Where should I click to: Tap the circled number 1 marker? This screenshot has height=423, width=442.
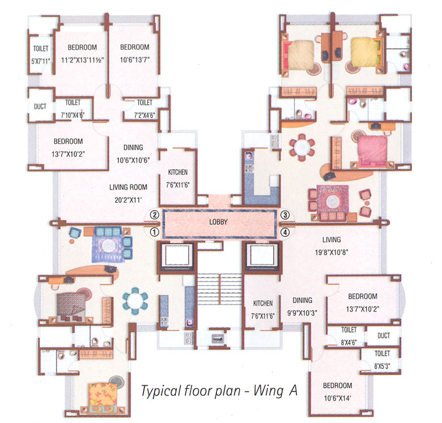153,232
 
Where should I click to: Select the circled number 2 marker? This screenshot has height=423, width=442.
153,215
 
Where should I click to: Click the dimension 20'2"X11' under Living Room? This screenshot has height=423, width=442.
128,199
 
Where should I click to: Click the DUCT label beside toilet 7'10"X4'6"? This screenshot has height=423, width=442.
40,106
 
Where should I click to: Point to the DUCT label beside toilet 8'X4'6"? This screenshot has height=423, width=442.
383,336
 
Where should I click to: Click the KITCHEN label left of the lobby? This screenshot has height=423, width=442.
177,172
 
